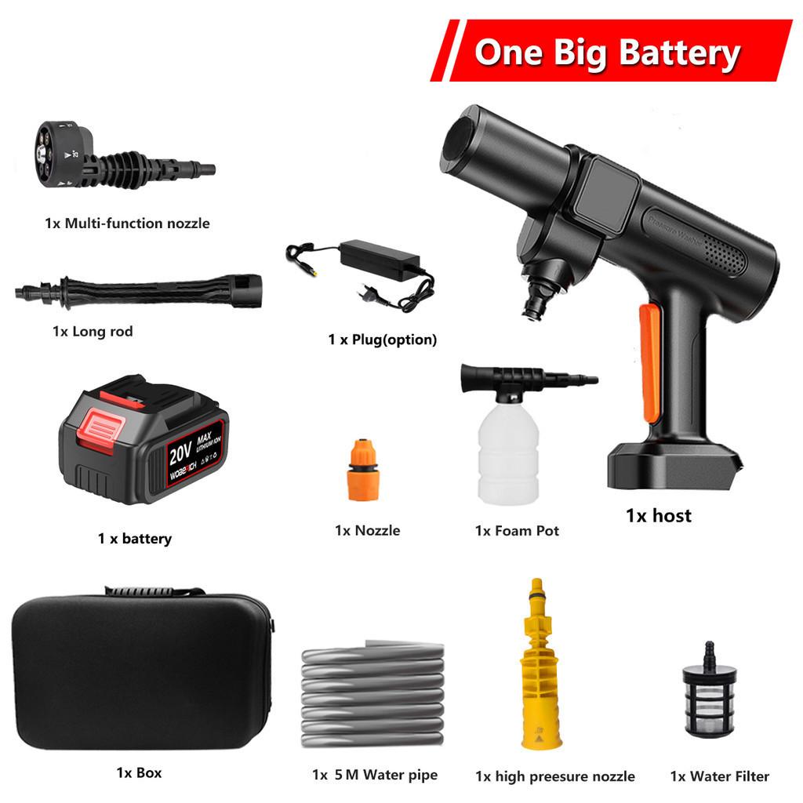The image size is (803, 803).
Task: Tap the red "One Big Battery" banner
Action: (x=608, y=52)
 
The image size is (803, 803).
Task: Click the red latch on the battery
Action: (x=100, y=430)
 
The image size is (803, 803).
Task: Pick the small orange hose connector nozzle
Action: (x=363, y=473)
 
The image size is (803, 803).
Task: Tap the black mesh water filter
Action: (x=709, y=698)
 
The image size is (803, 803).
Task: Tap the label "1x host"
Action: (x=659, y=516)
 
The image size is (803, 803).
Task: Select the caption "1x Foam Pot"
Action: (x=517, y=531)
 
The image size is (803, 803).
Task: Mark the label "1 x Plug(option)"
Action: (x=382, y=340)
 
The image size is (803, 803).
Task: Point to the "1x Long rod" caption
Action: (x=93, y=332)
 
